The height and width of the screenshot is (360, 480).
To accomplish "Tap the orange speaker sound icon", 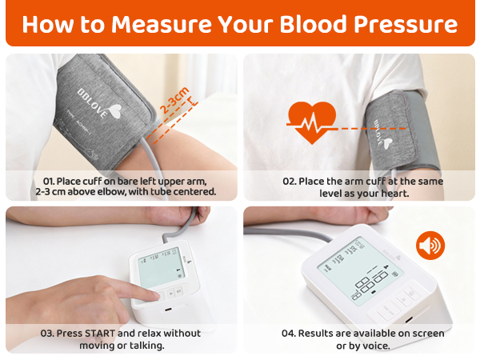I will (x=430, y=245).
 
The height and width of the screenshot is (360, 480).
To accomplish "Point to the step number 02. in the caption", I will (x=290, y=182).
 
